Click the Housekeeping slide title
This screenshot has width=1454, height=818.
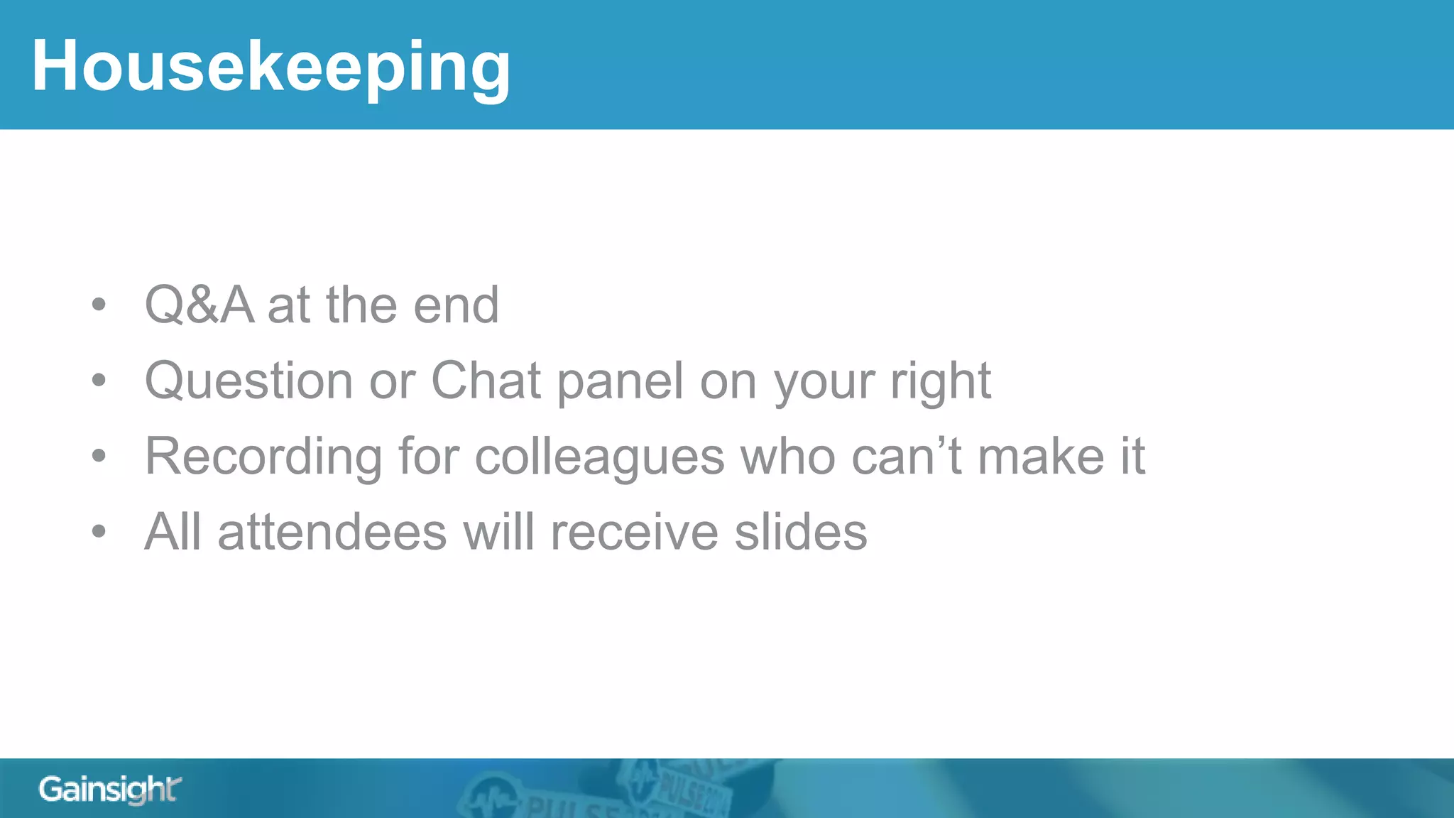pos(270,67)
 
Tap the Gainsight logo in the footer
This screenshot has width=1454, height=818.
pos(110,790)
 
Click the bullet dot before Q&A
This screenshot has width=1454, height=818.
pos(99,305)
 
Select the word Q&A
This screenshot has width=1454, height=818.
pos(199,305)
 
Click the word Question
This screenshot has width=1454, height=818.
pos(248,381)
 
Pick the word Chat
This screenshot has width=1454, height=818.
pos(486,381)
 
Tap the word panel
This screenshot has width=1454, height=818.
pos(621,381)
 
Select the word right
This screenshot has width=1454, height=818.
pos(941,381)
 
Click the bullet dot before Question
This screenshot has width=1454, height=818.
pos(99,381)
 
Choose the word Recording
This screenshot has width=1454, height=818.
pos(263,457)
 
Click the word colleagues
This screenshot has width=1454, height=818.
pos(599,457)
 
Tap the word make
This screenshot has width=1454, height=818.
pos(1041,457)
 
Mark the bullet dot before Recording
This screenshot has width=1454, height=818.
pos(99,456)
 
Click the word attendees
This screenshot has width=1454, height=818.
pos(332,533)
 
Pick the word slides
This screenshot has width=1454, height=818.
pos(800,533)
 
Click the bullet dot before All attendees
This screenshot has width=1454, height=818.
pos(99,532)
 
